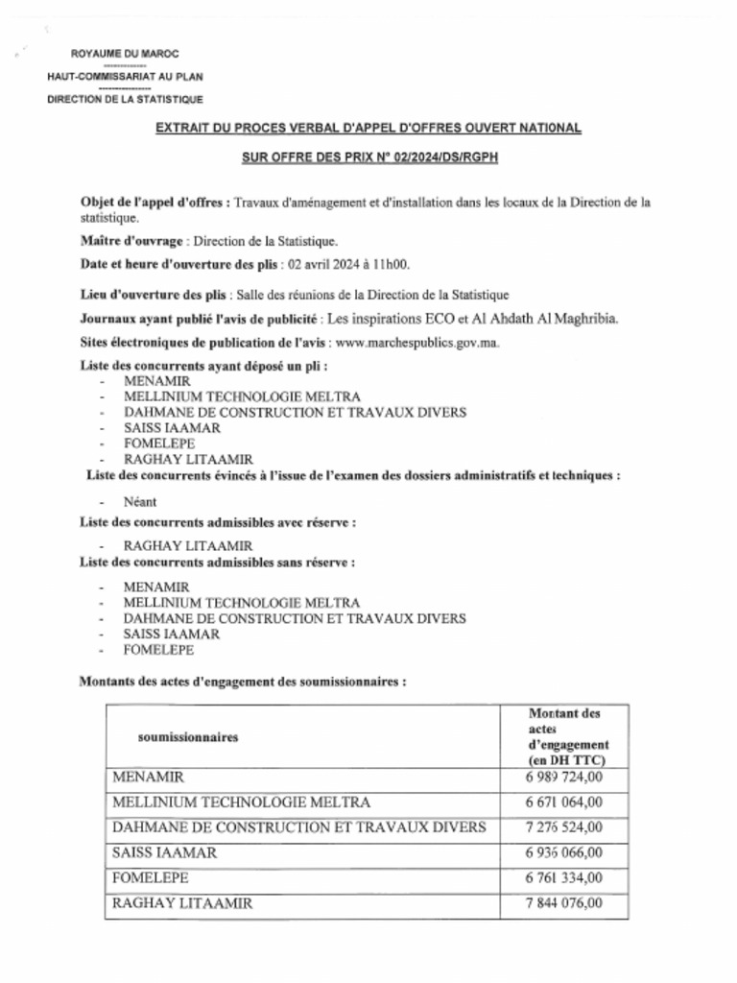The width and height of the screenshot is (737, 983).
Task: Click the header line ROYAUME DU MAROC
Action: pos(125,54)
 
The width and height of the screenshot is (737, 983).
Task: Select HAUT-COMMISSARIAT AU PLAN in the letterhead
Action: pos(125,76)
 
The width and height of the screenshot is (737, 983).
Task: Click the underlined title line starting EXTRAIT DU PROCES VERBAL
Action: pos(368,128)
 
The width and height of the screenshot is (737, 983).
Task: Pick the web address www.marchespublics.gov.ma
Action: pos(414,342)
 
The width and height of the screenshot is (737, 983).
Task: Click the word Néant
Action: pos(140,501)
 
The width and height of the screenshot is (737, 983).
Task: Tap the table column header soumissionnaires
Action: pos(188,737)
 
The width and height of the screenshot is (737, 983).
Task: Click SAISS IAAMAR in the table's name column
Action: pos(164,851)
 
